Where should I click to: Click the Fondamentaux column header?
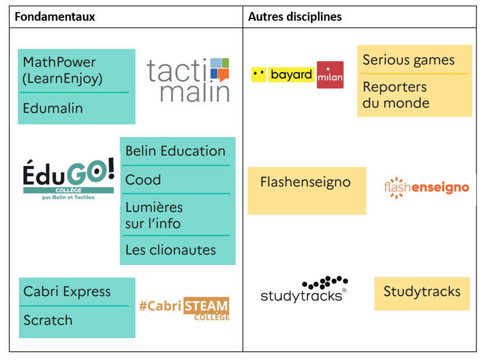(x=55, y=17)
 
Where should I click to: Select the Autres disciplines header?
(x=295, y=17)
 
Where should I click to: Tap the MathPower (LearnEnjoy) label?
(x=62, y=70)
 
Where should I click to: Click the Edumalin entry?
(x=53, y=108)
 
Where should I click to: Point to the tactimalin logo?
(x=188, y=79)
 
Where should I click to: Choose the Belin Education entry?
(x=175, y=151)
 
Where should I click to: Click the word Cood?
(x=143, y=180)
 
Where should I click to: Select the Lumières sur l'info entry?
(x=154, y=215)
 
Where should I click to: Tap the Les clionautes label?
(x=170, y=250)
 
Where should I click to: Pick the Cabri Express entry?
(x=67, y=291)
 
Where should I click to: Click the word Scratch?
(x=48, y=320)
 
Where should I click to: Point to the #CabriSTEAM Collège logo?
(x=184, y=308)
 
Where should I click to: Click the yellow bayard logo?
(x=283, y=74)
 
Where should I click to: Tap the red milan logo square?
(x=330, y=75)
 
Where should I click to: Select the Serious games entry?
(x=408, y=60)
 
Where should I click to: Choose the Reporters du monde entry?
(x=396, y=95)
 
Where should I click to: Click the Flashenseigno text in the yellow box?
(x=305, y=183)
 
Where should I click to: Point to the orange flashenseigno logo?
(x=426, y=188)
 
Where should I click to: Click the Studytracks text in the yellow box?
(x=422, y=291)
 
